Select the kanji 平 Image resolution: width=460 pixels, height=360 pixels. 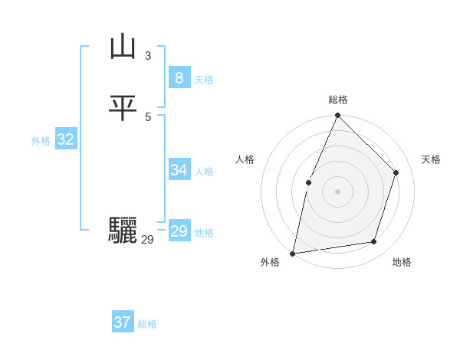point(123,108)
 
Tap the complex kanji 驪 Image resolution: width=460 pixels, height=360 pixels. point(123,229)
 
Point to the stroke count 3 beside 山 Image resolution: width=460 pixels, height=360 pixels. point(148,55)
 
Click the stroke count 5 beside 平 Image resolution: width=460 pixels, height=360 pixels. point(148,116)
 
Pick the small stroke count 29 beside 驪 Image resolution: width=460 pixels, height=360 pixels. point(148,240)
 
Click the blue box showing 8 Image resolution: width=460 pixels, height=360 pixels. point(179,78)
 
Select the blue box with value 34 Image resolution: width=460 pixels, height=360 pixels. point(179,170)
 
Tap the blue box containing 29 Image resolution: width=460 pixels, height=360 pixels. point(179,231)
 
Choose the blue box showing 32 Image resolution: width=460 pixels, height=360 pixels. point(66,139)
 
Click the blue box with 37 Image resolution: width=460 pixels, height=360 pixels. point(123,322)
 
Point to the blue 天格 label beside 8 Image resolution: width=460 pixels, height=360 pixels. point(204,80)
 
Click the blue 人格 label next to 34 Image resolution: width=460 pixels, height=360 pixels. point(204,172)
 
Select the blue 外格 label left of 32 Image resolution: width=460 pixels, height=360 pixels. point(41,141)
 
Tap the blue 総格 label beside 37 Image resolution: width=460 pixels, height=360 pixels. point(147,324)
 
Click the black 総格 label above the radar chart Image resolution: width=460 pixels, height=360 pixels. point(337,100)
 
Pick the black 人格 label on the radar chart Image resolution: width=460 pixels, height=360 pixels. point(245,159)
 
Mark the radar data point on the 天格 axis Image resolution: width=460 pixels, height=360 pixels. point(396,172)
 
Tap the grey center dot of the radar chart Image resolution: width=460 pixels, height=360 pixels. point(337,191)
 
